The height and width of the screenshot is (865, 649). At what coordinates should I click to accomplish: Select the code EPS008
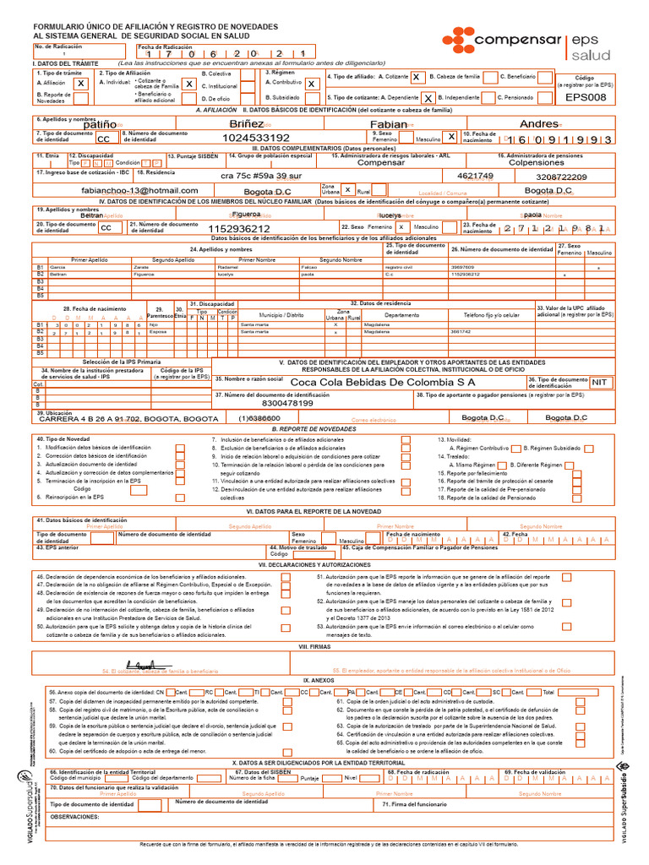[586, 97]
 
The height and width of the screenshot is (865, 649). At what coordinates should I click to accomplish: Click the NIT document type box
[600, 382]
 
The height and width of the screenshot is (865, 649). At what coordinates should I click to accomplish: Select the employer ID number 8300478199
[288, 403]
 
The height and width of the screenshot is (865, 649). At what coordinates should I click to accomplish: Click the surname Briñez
[247, 123]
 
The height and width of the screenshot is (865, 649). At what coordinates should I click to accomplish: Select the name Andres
[538, 123]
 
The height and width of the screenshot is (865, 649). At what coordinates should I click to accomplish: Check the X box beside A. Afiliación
[80, 84]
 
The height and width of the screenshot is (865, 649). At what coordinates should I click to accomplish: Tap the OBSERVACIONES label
[75, 817]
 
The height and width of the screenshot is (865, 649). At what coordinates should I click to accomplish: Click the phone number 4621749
[475, 176]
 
